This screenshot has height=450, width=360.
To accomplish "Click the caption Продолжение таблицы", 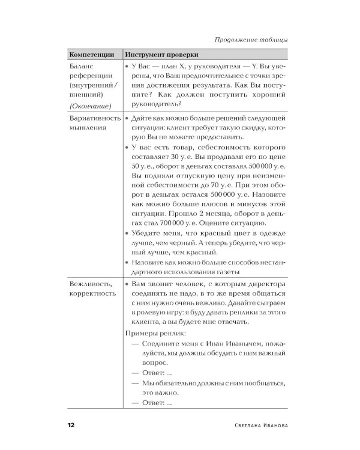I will pos(251,40).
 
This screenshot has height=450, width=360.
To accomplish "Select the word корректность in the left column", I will pos(92,293).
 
